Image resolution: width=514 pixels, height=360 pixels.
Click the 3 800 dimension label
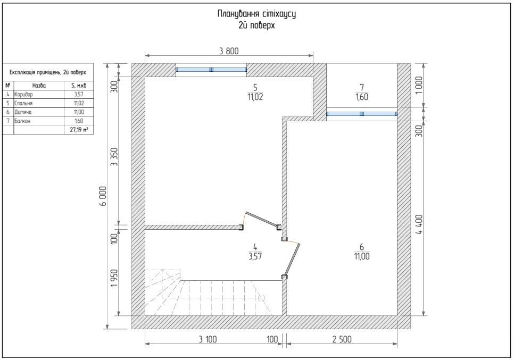coord(229,51)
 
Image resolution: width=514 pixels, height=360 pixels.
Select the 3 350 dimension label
coord(114,157)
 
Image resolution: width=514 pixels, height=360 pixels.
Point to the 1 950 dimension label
coord(114,279)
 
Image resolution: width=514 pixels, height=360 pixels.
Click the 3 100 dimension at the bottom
coord(208,339)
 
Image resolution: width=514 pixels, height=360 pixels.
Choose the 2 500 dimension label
coord(342,339)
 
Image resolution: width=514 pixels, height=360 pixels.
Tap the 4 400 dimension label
coord(419,224)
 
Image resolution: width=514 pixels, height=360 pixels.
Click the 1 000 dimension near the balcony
coord(419,86)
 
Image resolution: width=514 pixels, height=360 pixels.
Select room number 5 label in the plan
coord(255,87)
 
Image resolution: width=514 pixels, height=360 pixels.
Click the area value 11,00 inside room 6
coord(362,256)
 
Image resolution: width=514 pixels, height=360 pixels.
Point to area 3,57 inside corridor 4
coord(255,256)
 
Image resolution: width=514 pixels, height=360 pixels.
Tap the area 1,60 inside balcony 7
coord(362,97)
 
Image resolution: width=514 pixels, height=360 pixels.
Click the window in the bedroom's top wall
coord(211,70)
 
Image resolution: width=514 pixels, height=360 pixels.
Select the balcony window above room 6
coord(362,114)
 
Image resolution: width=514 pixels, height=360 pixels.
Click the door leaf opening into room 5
coord(262,219)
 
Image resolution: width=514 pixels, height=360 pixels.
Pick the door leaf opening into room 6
coord(293,259)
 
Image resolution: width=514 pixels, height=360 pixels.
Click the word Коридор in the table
coord(23,94)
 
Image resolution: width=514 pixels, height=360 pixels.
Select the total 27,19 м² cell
coord(79,130)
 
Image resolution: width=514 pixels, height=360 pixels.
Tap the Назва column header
coord(39,86)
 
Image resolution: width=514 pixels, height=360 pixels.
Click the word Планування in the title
coord(238,14)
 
